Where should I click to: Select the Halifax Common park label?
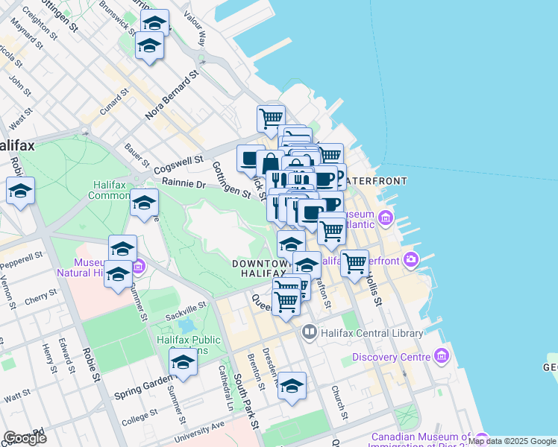coord(109,191)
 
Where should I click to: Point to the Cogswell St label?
coord(178,165)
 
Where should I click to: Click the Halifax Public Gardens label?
coord(189,346)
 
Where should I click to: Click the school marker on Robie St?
coord(21,192)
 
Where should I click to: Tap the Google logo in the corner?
coord(25,437)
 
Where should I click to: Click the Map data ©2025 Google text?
coord(512,441)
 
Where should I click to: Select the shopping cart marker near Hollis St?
coord(355,263)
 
